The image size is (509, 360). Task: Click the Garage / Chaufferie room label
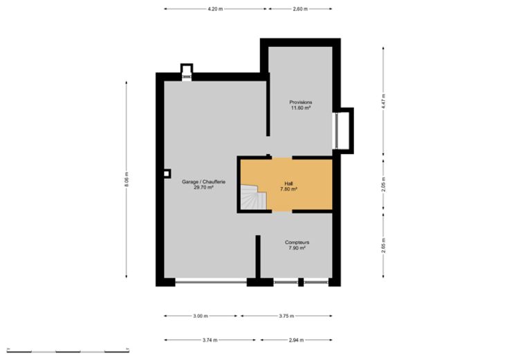point(203,184)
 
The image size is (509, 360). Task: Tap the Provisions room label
point(301,105)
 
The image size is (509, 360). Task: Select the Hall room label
point(288,186)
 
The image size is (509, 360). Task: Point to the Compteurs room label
point(297,245)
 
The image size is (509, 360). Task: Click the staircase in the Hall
point(253,197)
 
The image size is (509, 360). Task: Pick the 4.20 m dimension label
point(215,9)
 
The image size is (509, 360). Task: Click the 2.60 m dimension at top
point(300,9)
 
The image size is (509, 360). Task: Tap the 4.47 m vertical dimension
point(383,101)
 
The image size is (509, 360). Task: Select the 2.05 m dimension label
point(383,184)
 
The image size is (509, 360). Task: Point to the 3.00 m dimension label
point(201,316)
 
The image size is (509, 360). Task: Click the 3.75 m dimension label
point(286,316)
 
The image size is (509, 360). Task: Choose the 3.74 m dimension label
point(210,340)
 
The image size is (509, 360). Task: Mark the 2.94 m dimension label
point(296,340)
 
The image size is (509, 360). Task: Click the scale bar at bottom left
point(68,350)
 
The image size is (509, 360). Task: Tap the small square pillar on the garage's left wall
point(167,174)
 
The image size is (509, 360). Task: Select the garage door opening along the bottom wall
point(211,282)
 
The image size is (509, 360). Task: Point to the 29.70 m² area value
point(203,187)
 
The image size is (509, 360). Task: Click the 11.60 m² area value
point(301,108)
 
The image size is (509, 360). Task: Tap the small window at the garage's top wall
point(187,77)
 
